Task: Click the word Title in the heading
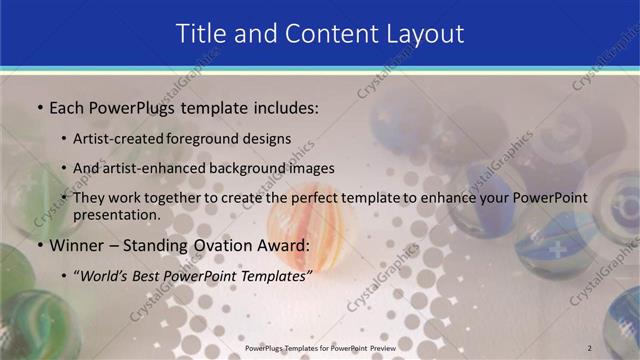coord(203,33)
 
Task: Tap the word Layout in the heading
coord(423,33)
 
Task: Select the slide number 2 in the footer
coord(590,347)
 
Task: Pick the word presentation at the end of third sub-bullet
coord(116,214)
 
